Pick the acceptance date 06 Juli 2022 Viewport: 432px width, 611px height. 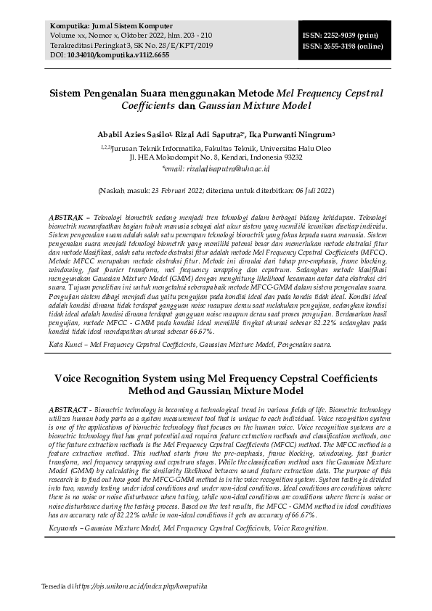tap(312, 191)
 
